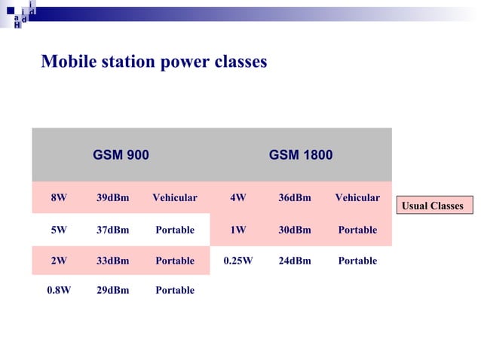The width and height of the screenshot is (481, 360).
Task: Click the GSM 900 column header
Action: coord(121,155)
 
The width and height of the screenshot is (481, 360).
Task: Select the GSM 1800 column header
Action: coord(301,155)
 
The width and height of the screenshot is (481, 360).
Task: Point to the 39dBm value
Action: coord(112,198)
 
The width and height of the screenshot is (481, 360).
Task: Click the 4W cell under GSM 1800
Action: coord(238,198)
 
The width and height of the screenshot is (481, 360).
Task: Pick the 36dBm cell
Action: coord(294,198)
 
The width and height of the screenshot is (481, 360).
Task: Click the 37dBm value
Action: coord(112,230)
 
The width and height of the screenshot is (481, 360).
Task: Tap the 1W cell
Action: coord(238,230)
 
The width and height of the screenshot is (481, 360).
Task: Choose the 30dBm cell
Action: coord(294,230)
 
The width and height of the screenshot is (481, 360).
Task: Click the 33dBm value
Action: coord(112,261)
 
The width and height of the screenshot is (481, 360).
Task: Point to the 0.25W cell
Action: coord(238,261)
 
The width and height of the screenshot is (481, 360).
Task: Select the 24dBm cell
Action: coord(294,261)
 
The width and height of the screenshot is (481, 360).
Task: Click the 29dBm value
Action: coord(112,290)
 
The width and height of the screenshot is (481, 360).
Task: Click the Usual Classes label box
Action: coord(433,206)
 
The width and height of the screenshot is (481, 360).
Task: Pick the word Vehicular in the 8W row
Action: coord(174,198)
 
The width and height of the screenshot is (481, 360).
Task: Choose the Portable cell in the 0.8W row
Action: coord(174,290)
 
